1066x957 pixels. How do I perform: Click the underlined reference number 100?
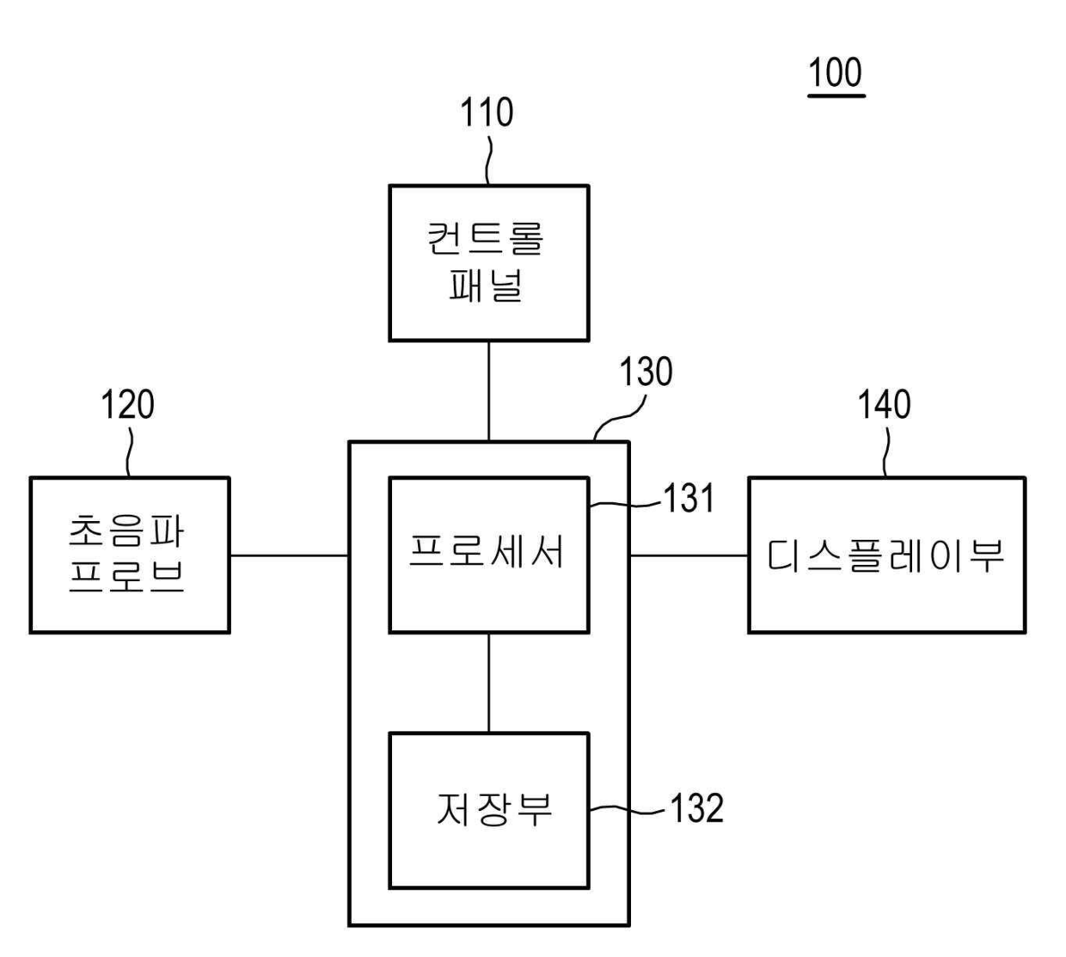click(x=836, y=73)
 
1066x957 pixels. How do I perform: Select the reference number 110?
click(x=487, y=113)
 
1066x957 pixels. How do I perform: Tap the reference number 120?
click(x=128, y=404)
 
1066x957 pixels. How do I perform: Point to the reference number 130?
click(x=646, y=372)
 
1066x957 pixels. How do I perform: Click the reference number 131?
click(x=689, y=499)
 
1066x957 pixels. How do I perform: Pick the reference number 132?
click(x=695, y=808)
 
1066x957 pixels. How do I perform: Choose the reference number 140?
click(x=885, y=404)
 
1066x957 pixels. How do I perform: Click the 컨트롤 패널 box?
click(x=488, y=262)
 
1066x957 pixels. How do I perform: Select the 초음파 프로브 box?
click(x=130, y=555)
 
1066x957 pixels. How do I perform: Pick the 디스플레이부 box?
click(x=886, y=555)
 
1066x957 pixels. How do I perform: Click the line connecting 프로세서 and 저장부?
click(x=489, y=683)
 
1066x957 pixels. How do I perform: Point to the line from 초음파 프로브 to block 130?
click(x=289, y=555)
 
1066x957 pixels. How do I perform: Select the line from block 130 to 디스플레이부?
click(x=689, y=555)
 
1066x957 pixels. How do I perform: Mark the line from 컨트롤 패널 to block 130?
click(x=489, y=390)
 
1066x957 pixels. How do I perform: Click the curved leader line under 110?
click(x=488, y=158)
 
